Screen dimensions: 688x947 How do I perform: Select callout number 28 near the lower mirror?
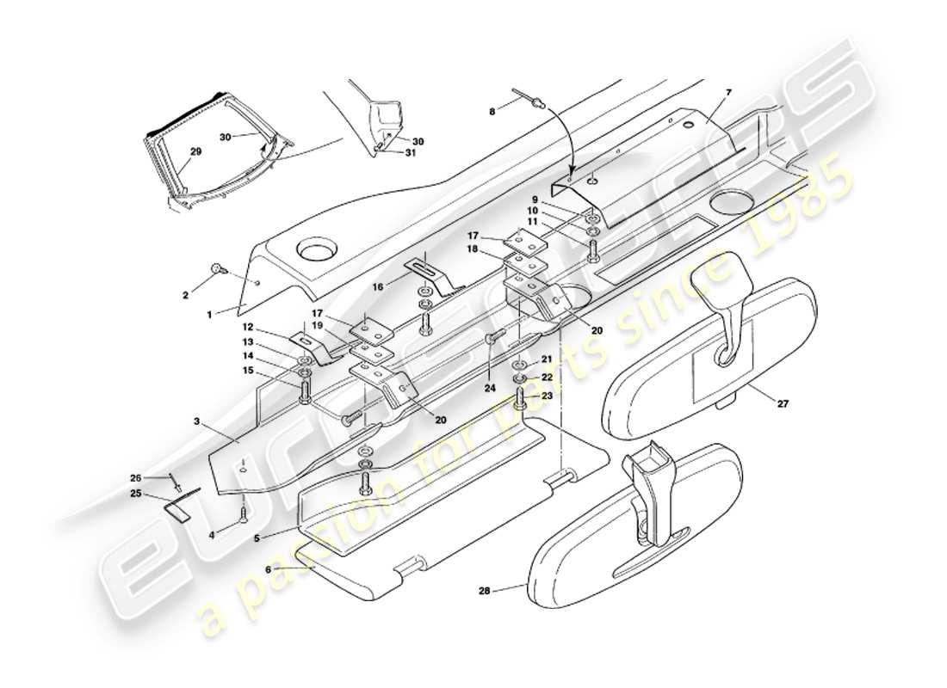click(x=486, y=591)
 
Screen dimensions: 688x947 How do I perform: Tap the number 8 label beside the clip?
click(x=492, y=110)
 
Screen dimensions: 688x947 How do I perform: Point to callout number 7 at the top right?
click(x=727, y=91)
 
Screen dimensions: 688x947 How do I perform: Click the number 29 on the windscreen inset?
click(x=195, y=151)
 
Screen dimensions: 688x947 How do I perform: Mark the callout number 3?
click(x=197, y=421)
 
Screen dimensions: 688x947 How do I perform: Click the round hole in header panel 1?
click(x=314, y=254)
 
